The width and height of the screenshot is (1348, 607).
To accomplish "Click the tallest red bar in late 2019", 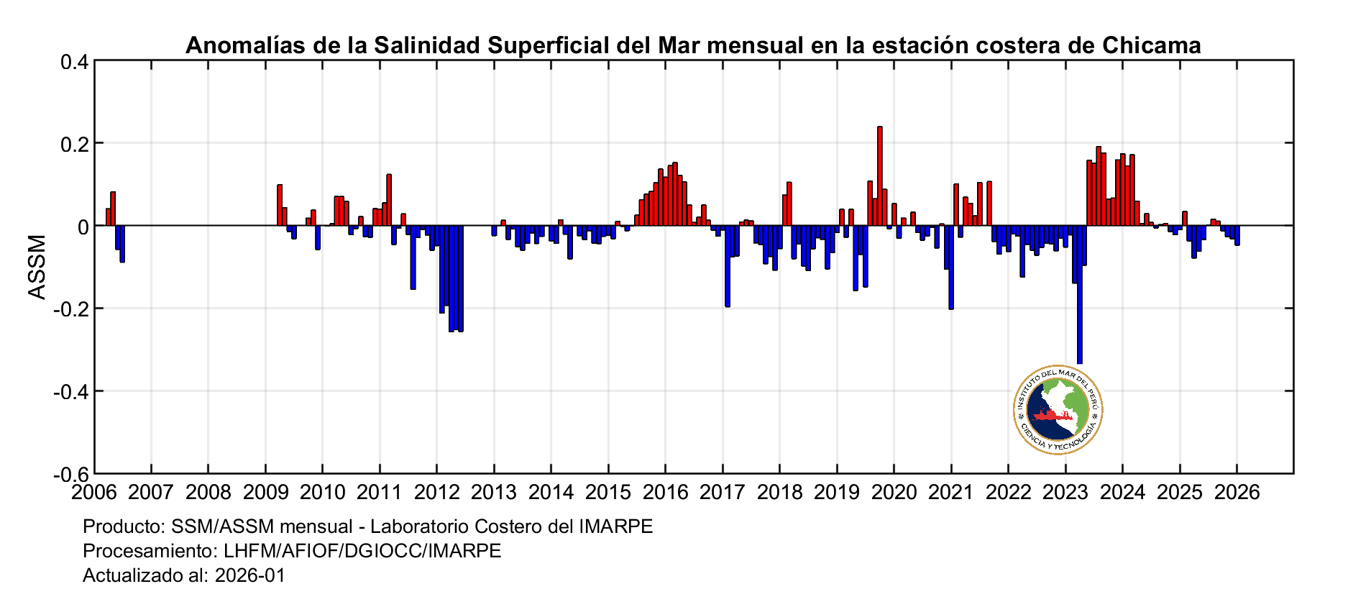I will (x=879, y=176).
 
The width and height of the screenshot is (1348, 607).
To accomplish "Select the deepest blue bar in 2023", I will (x=1079, y=295).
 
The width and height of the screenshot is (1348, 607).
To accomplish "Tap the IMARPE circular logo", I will (x=1058, y=409).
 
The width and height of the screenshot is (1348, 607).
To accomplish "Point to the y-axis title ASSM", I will (x=37, y=267).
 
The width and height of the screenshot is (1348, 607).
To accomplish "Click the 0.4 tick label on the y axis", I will (x=74, y=62).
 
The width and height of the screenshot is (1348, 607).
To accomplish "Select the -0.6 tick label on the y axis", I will (x=71, y=474).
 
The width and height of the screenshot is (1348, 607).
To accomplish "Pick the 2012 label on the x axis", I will (x=436, y=493).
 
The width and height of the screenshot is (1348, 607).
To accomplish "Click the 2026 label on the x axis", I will (x=1236, y=493).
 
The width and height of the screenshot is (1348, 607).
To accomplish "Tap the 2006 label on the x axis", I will (x=94, y=493).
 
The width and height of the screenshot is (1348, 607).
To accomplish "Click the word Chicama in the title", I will (x=1151, y=45).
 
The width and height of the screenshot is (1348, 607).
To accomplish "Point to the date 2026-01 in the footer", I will (x=249, y=575).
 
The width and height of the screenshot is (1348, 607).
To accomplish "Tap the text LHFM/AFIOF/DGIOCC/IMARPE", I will (x=362, y=551).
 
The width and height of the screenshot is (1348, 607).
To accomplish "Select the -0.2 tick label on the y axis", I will (x=71, y=309).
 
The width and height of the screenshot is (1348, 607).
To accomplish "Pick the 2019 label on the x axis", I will (x=836, y=493).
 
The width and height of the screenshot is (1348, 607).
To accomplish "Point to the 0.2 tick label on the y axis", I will (x=74, y=144).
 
